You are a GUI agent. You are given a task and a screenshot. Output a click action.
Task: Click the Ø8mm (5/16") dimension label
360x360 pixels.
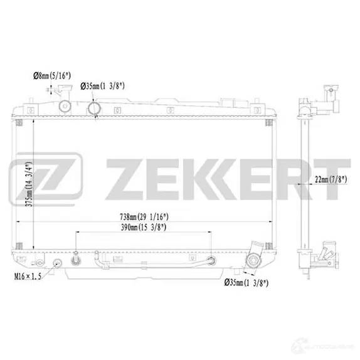[51, 76]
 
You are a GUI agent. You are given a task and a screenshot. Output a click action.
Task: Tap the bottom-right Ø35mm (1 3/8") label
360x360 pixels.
[246, 283]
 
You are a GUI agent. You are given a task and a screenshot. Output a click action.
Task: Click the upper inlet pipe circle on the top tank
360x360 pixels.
[93, 110]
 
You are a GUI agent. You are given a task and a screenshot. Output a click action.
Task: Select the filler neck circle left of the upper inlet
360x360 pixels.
[63, 108]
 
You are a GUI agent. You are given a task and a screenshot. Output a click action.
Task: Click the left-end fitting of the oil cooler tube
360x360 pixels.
[75, 255]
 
